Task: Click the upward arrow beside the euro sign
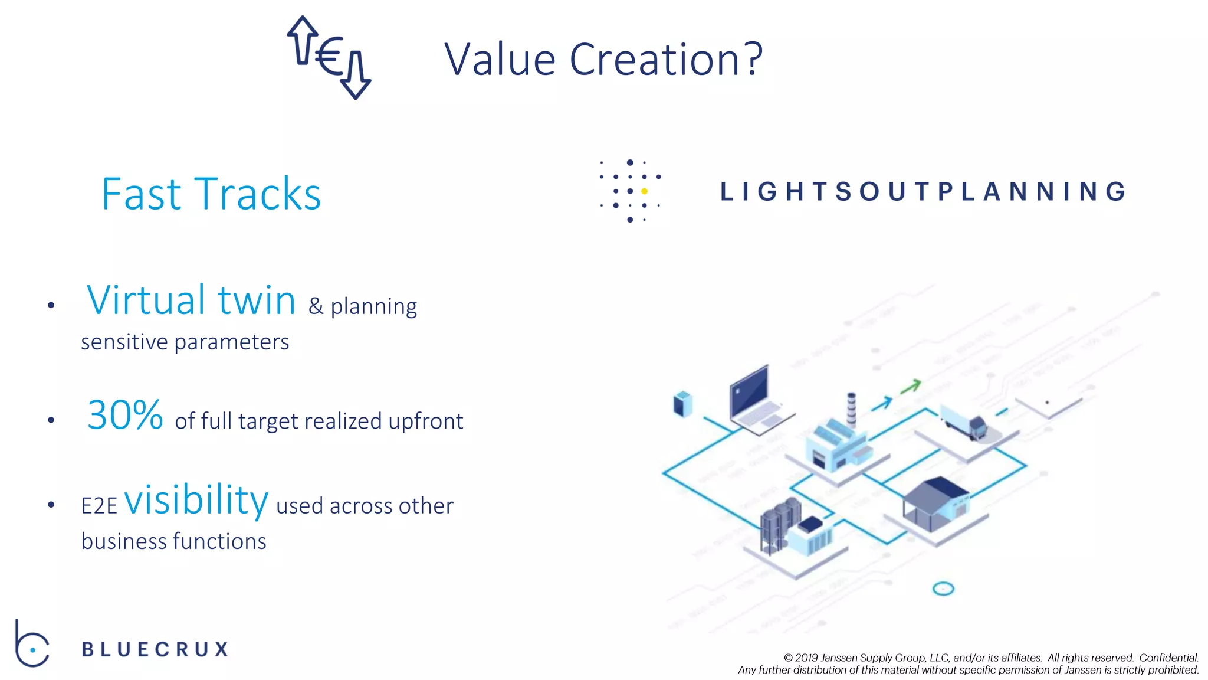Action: tap(302, 40)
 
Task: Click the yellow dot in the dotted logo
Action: tap(644, 191)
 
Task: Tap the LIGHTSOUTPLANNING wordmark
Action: tap(923, 192)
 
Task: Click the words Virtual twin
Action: tap(191, 300)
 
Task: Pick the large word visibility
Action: tap(196, 500)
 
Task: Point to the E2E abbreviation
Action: tap(99, 506)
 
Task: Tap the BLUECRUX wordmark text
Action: tap(155, 649)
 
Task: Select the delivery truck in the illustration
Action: tap(963, 421)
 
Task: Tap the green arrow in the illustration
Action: tap(911, 387)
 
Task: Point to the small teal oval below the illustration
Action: tap(943, 589)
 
